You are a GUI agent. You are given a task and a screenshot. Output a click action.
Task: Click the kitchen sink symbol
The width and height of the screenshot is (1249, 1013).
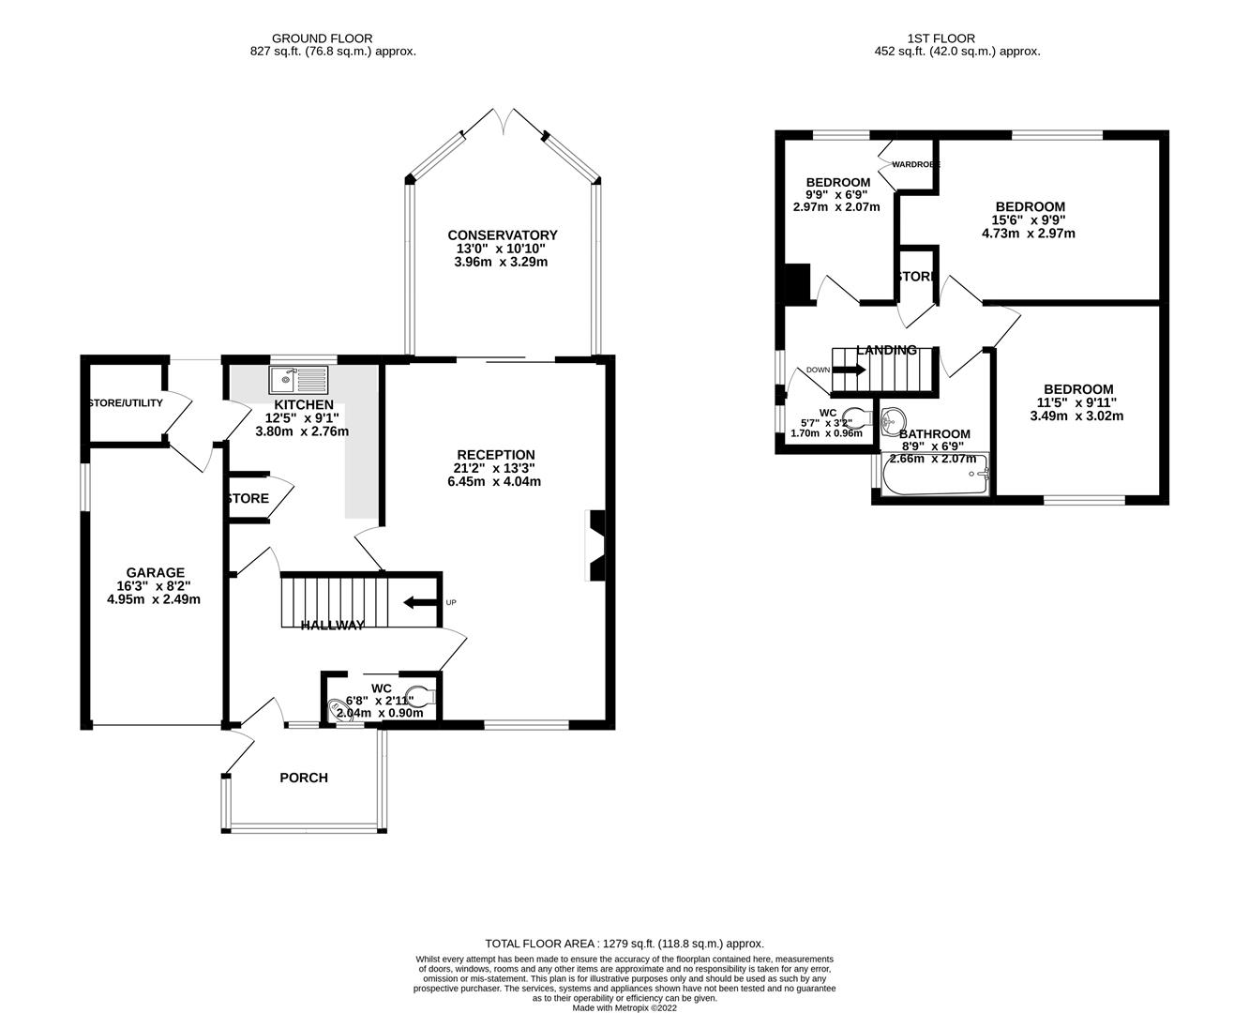point(299,380)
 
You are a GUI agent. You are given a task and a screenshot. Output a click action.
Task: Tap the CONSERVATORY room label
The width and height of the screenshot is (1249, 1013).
point(502,235)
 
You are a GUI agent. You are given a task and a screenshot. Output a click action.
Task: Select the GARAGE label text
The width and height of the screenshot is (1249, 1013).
point(156,572)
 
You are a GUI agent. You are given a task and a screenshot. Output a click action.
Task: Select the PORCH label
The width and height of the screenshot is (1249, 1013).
point(304,778)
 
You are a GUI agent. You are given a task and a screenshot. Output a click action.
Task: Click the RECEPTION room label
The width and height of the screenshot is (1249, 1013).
point(496,455)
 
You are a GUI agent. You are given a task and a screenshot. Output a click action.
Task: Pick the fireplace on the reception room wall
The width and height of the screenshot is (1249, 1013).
point(595,546)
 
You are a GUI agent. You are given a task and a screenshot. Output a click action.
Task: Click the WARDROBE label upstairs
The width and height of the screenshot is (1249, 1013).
point(915,165)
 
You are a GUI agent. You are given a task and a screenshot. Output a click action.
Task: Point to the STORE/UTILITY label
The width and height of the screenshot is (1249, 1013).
point(125,403)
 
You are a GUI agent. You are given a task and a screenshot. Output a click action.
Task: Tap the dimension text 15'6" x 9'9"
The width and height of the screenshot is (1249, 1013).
point(1030,220)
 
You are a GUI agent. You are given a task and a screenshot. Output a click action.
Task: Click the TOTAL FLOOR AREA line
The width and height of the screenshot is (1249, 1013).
point(624,944)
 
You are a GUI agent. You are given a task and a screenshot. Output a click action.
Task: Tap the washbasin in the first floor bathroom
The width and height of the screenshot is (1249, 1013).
point(894,416)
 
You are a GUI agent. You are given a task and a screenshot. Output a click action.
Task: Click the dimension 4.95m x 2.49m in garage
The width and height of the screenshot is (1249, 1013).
point(156,599)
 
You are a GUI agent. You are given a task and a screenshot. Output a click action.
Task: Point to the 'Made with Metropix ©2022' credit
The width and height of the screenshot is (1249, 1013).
point(624,1008)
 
